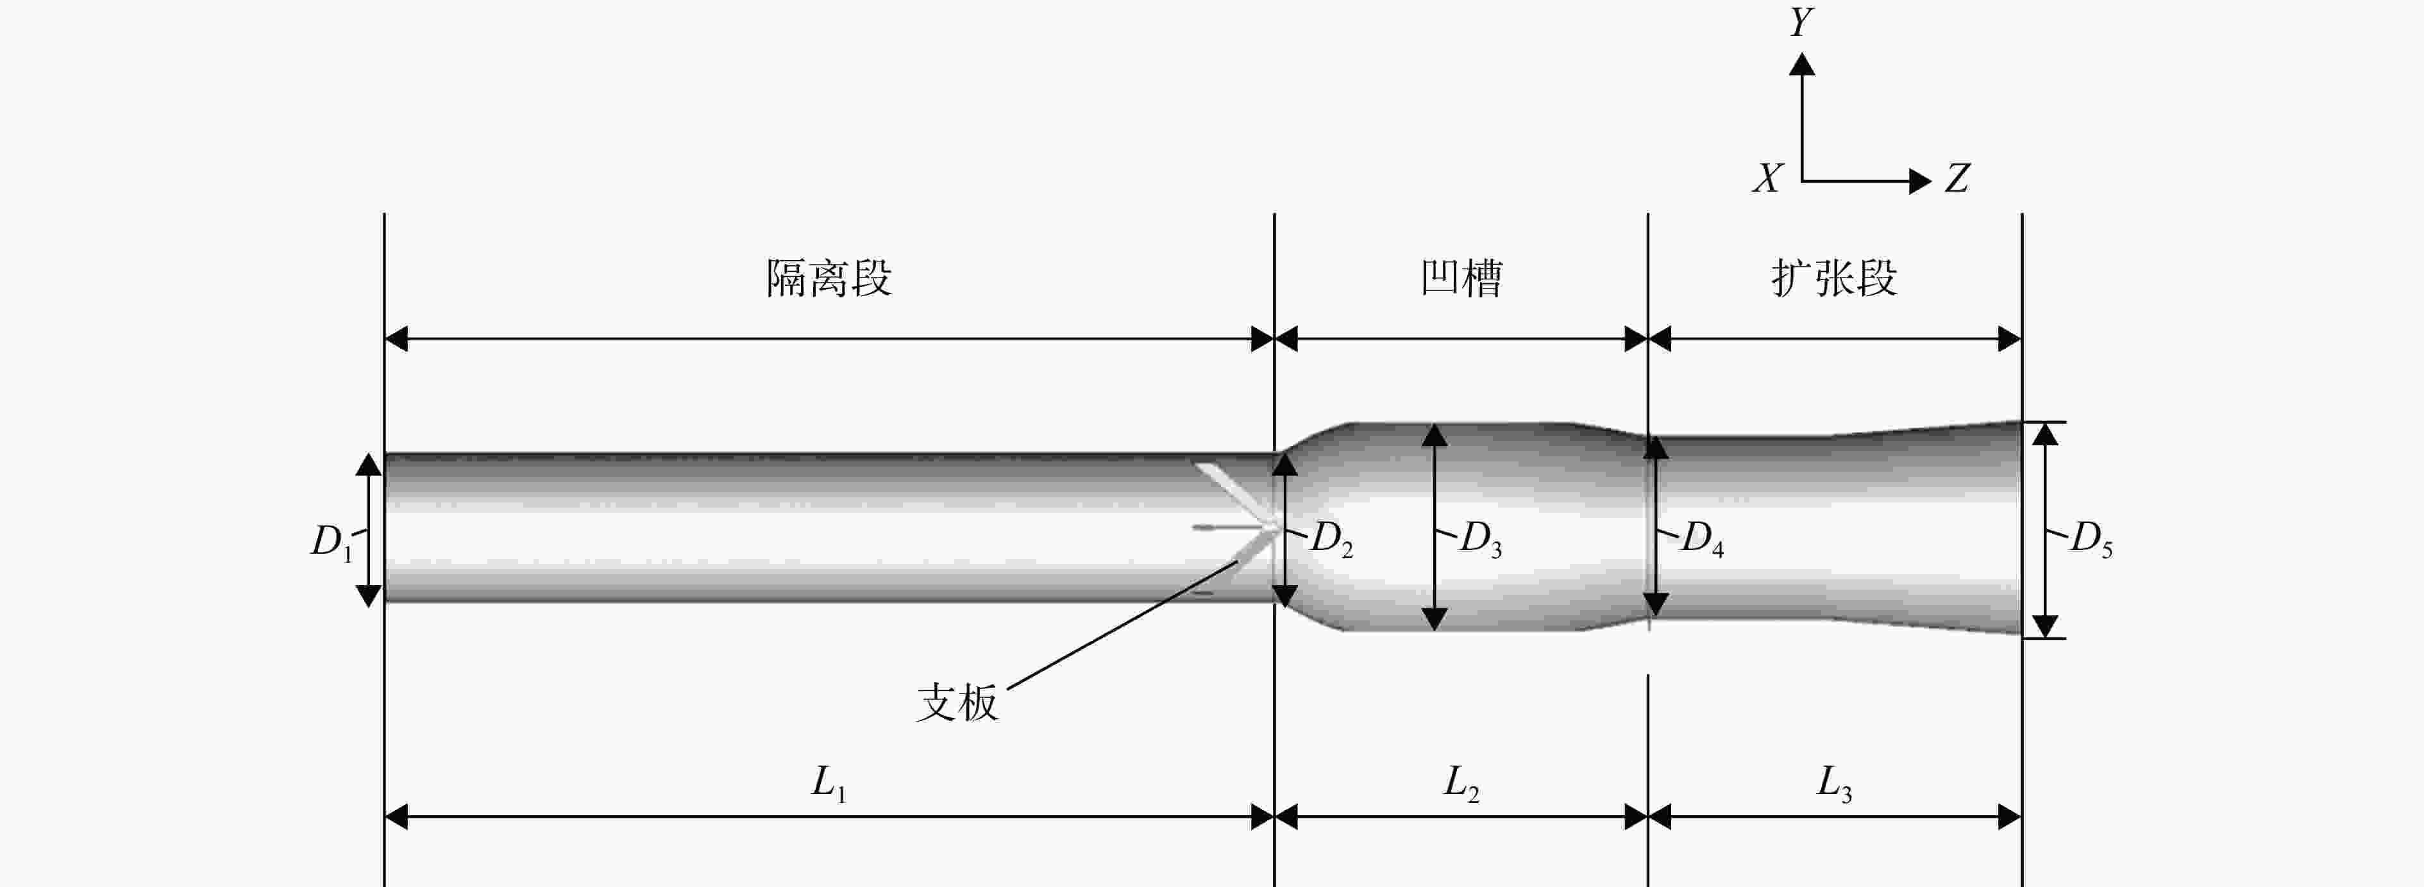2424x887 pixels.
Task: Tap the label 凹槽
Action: (1461, 278)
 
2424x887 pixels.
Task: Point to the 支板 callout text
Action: (957, 702)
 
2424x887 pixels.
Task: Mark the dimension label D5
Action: (2092, 540)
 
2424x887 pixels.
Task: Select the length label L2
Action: (1461, 784)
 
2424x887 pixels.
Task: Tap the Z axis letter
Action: (1957, 178)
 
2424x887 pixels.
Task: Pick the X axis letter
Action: (1768, 178)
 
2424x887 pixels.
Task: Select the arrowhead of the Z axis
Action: (1921, 181)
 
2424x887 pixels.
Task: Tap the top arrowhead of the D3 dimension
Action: (1434, 434)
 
